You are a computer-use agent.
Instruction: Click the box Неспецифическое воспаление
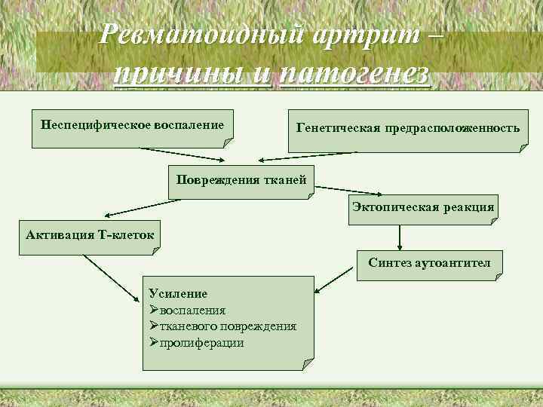click(133, 124)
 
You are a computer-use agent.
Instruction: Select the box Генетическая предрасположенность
click(408, 129)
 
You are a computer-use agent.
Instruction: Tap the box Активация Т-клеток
click(90, 235)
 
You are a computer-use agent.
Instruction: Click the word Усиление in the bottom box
click(178, 293)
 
